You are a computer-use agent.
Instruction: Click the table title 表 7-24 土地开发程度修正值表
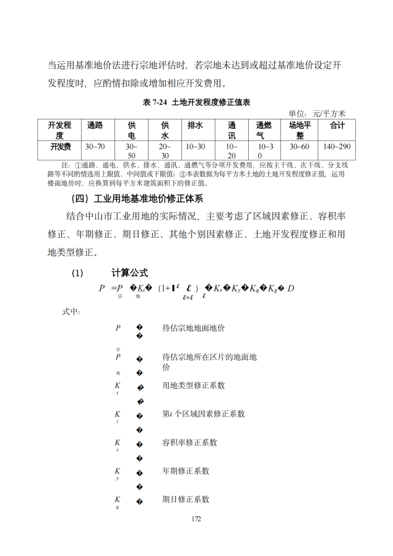196,102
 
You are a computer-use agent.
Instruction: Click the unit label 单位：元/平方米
317,113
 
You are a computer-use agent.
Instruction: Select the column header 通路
95,125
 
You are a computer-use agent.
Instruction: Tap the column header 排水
196,125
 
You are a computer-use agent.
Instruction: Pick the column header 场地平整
300,130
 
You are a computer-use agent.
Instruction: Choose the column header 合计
337,125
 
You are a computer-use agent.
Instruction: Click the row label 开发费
60,146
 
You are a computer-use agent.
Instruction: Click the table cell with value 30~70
95,146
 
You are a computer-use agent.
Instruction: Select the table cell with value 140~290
337,146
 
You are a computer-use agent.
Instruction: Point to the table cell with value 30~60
300,146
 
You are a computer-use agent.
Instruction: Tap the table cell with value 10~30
196,146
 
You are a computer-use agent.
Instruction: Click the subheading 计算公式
129,272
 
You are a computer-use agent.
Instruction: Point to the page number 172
197,519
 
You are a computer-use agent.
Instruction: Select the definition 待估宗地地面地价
193,328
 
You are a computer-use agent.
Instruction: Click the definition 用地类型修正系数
193,385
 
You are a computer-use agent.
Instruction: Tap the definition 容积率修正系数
189,442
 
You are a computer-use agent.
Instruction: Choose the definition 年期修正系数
186,471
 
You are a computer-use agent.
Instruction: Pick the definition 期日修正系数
186,499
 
